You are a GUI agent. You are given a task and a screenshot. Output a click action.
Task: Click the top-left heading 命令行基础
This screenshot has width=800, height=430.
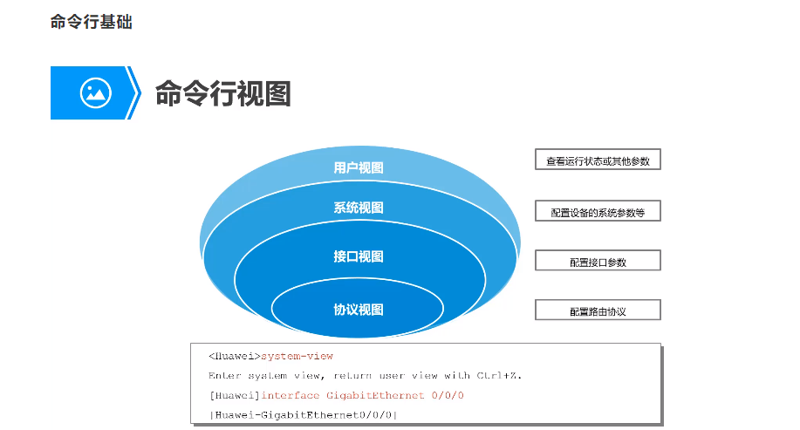tap(91, 23)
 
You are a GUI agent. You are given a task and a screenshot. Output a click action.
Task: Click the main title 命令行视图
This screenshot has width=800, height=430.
tap(222, 93)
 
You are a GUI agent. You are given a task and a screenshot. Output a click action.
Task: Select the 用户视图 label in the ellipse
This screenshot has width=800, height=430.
tap(359, 167)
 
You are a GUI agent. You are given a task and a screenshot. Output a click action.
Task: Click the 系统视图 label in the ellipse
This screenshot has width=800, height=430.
tap(359, 208)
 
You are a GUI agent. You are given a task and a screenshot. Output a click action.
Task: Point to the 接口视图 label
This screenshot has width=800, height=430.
tap(359, 256)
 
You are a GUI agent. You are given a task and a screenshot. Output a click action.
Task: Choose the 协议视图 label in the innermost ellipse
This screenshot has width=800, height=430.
tap(359, 310)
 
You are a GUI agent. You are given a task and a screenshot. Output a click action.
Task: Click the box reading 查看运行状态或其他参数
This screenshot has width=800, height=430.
tap(598, 160)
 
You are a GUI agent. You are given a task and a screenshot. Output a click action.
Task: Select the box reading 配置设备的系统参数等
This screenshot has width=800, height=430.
tap(598, 211)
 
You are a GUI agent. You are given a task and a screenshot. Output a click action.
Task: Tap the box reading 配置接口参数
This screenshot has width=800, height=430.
tap(598, 261)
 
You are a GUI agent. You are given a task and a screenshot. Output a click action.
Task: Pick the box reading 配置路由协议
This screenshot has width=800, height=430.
tap(598, 311)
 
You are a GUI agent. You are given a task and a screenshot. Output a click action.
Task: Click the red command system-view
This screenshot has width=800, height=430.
tap(297, 356)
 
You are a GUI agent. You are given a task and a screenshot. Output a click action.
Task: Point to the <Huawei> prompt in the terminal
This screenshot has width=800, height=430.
tap(234, 356)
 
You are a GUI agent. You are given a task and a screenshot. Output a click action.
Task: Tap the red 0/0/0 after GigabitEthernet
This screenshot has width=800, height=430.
tap(448, 395)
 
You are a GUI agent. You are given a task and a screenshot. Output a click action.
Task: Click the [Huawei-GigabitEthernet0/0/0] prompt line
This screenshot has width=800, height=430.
tap(303, 414)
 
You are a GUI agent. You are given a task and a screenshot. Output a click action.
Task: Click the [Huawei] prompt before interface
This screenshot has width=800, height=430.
tap(234, 395)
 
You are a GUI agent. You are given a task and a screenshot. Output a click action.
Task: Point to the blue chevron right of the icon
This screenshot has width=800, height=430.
tap(133, 92)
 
